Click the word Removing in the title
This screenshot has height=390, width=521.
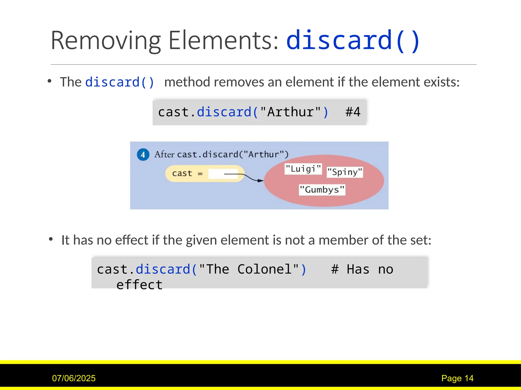click(106, 41)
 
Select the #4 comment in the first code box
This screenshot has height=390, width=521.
click(353, 112)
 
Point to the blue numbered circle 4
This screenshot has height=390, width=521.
click(143, 154)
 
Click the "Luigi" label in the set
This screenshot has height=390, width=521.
click(303, 169)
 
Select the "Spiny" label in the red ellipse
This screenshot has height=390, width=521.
click(345, 172)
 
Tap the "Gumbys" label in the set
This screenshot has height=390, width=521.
click(322, 190)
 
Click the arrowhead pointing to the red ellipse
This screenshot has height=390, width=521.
click(260, 181)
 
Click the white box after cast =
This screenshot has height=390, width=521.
click(223, 174)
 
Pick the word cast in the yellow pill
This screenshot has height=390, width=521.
click(182, 173)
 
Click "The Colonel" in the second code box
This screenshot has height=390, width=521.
click(249, 269)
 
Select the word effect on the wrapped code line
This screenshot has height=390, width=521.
click(139, 285)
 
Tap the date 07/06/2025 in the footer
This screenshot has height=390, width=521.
click(74, 378)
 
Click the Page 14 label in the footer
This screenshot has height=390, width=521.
click(457, 378)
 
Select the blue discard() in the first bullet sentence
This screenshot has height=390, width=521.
click(120, 82)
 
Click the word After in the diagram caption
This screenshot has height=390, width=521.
click(164, 154)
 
